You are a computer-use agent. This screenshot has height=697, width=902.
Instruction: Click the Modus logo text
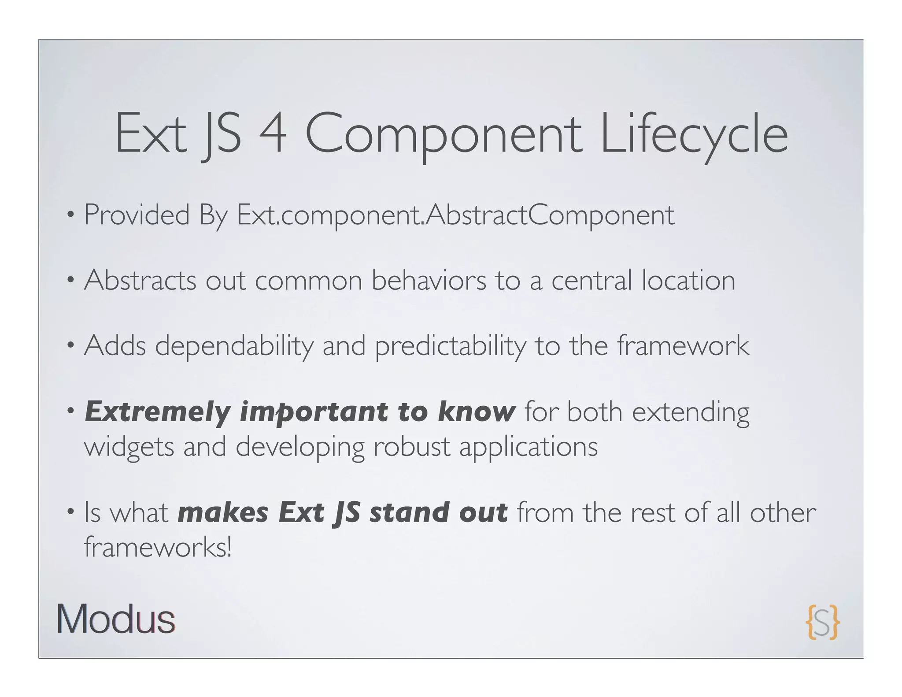tap(116, 619)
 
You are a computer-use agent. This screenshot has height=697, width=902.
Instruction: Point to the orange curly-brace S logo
tap(822, 622)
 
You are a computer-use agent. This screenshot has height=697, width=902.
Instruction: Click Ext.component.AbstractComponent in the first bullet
tap(455, 216)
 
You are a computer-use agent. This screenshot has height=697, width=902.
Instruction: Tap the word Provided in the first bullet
tap(137, 215)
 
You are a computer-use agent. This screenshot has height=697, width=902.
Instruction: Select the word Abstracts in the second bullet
tap(140, 280)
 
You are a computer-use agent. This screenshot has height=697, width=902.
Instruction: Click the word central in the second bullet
tap(591, 280)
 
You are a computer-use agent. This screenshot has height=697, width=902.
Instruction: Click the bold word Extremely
tap(157, 412)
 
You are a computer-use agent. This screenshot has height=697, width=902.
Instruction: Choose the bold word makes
tap(223, 513)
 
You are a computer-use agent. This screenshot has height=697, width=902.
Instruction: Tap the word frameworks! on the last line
tap(157, 547)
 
